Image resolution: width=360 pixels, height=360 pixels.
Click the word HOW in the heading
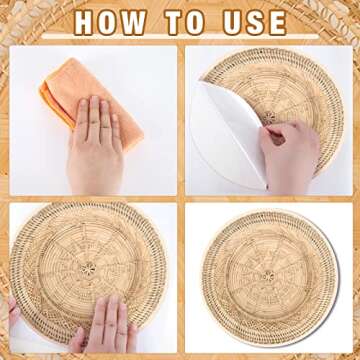point(110,23)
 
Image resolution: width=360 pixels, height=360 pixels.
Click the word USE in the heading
point(255,23)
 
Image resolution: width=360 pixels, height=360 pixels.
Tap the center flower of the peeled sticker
point(268,117)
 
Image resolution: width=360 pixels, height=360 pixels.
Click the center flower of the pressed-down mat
point(88,268)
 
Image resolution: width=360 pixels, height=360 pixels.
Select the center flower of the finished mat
point(268,276)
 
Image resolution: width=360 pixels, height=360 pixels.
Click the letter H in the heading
point(84,23)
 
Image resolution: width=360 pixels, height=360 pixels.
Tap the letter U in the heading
point(233,23)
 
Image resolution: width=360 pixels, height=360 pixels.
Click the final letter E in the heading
point(278,23)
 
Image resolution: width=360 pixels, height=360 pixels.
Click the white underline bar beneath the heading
point(180,37)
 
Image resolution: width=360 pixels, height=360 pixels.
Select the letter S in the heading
point(256,23)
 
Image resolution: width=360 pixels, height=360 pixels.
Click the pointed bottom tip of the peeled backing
point(267,189)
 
